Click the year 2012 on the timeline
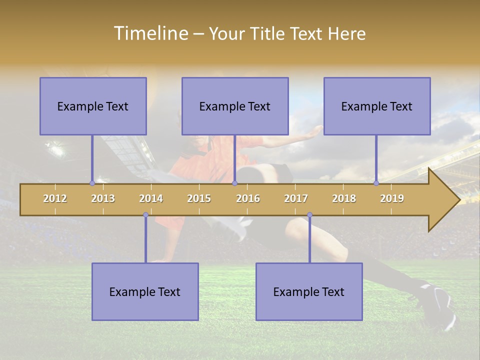(x=55, y=198)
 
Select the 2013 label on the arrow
(x=103, y=198)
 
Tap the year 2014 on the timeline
(x=151, y=198)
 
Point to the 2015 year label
(x=199, y=198)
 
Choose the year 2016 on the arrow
(x=248, y=198)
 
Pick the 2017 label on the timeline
(x=296, y=198)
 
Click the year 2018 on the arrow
(x=344, y=198)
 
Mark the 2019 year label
(x=392, y=198)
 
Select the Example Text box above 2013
(x=93, y=106)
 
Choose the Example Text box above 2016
(x=235, y=106)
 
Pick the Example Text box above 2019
(x=377, y=106)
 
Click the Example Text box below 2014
(x=145, y=291)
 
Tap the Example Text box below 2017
(x=309, y=291)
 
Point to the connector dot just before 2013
(x=92, y=183)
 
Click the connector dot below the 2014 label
(x=145, y=215)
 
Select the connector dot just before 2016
(x=234, y=183)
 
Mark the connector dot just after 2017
(x=309, y=215)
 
